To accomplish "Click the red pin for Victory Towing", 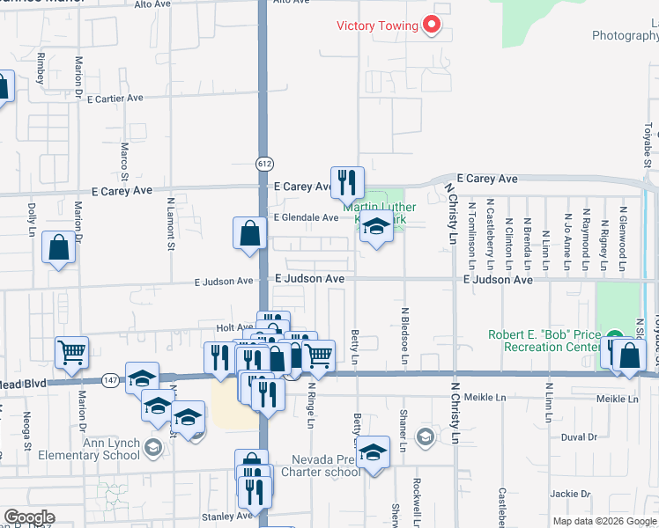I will coord(432,26).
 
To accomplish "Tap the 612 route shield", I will coord(263,164).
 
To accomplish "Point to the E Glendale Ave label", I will coord(306,217).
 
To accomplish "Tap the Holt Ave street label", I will coord(234,327).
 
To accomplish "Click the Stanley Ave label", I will coord(216,516).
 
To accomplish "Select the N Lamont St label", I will coord(171,224).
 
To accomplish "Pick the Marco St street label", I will coord(125,158).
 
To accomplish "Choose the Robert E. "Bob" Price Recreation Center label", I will coord(545,341).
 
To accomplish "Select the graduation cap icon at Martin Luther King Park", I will coord(376,228).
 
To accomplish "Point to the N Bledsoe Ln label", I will coord(405,335).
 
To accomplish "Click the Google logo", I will coord(28,517).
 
